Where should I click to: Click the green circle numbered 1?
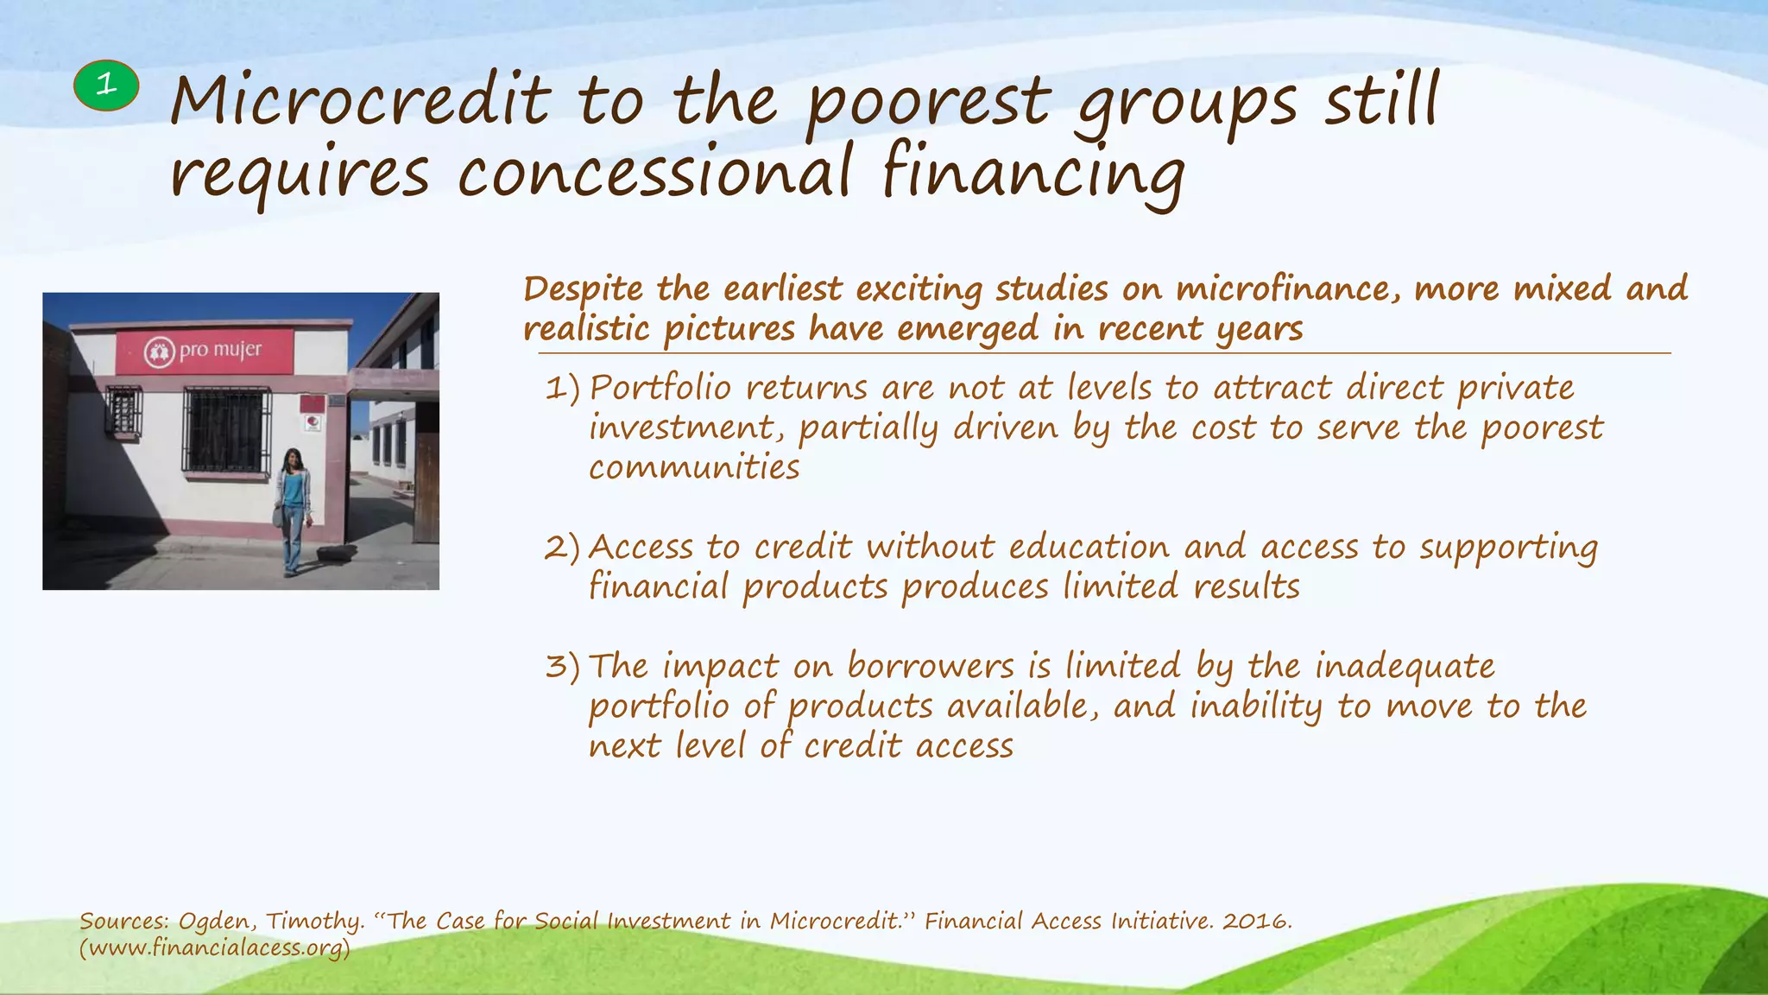pos(106,86)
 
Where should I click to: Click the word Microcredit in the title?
pos(360,102)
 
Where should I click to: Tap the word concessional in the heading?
pos(654,173)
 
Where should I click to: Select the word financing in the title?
pos(1032,173)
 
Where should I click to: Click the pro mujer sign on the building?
pos(205,352)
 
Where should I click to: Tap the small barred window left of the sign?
pos(123,412)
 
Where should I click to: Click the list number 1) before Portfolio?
pos(562,389)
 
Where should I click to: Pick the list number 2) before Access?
pos(562,548)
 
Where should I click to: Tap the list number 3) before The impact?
pos(562,667)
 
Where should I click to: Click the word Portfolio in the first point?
pos(660,389)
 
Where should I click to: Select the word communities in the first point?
pos(694,468)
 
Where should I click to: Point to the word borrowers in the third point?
pos(930,667)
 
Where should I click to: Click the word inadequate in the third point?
pos(1405,667)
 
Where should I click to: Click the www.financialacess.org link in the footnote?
pos(215,948)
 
